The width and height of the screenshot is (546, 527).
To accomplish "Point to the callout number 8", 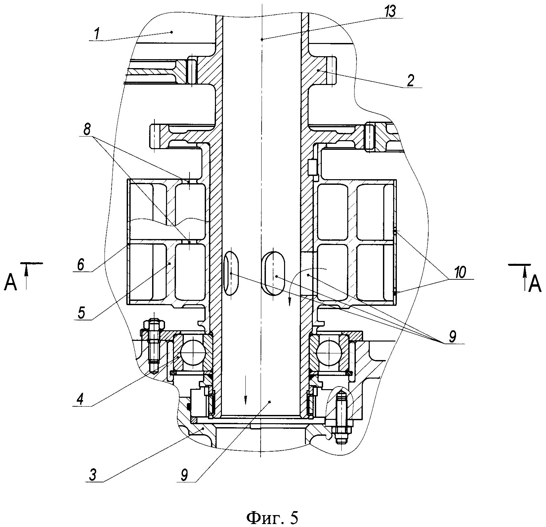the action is [87, 130].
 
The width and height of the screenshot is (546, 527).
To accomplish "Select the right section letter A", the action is [534, 284].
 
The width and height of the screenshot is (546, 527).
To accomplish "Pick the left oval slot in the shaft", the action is [231, 273].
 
